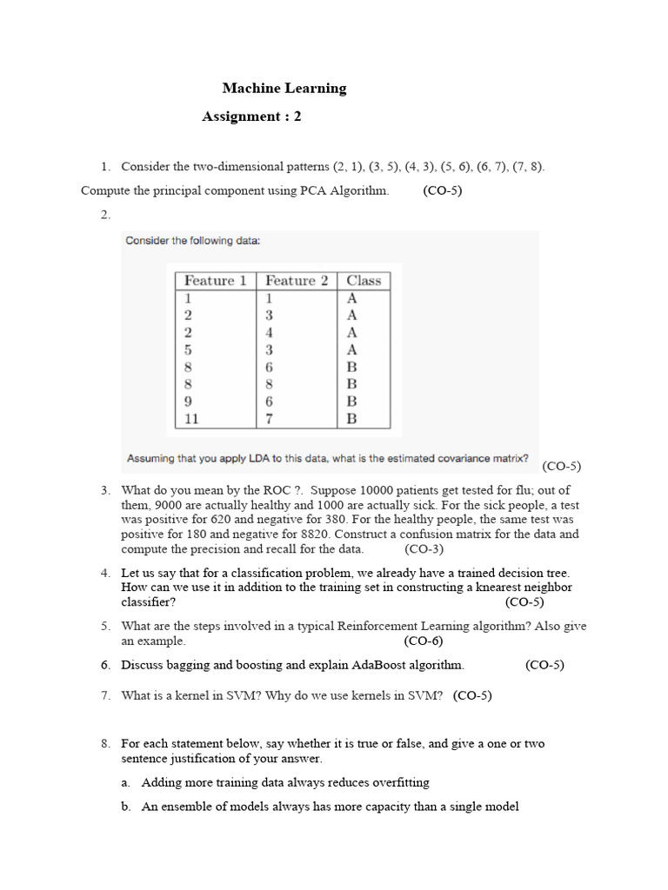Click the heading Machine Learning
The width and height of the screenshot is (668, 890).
pos(284,88)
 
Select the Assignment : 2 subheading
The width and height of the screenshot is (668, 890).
pos(251,116)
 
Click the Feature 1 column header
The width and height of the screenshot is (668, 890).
pos(215,281)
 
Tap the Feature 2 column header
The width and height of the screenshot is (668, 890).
pos(297,281)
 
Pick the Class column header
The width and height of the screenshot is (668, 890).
pos(364,281)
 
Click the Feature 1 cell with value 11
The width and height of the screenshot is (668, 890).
pos(191,419)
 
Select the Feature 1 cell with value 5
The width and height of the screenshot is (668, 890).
pos(188,349)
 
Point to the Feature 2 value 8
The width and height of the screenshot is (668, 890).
pos(270,384)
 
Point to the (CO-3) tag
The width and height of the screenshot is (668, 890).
pos(424,549)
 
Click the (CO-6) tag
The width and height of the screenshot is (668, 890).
pos(424,641)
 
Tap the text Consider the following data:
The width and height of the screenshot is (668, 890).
pos(192,241)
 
